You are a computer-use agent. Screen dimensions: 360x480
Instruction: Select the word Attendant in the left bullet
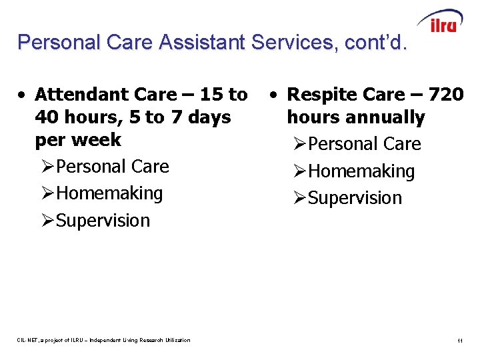click(81, 95)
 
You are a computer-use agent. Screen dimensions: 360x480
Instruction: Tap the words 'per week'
click(78, 140)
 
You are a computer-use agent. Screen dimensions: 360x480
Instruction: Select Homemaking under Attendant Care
click(109, 193)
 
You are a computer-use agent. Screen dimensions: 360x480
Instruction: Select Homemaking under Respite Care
click(361, 171)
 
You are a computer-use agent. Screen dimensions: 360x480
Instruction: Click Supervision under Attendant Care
click(103, 221)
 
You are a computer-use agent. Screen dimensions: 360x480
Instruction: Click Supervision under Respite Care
click(355, 198)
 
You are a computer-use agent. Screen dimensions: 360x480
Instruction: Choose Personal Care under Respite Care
click(364, 144)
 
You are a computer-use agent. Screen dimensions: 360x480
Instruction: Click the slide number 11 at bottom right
click(460, 341)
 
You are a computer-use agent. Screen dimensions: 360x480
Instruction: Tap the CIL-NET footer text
click(104, 340)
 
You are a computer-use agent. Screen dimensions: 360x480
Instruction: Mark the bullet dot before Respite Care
click(275, 95)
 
